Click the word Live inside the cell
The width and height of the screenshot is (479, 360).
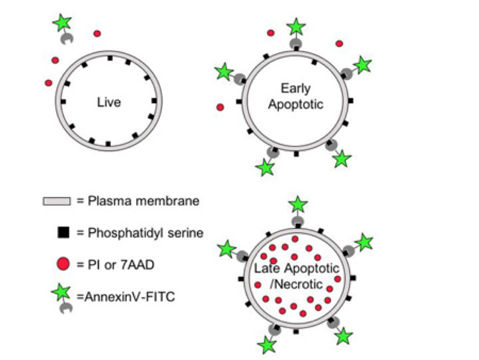click(x=109, y=102)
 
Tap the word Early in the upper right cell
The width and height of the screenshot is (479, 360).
click(x=296, y=88)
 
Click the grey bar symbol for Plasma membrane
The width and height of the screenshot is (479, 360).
click(x=56, y=202)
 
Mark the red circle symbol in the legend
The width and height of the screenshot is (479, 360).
click(x=63, y=264)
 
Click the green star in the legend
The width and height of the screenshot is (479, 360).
click(x=61, y=291)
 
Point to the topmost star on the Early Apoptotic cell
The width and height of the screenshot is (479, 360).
click(x=296, y=27)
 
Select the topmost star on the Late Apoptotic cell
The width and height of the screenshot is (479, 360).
click(x=298, y=204)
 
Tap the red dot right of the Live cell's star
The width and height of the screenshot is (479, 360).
click(x=97, y=33)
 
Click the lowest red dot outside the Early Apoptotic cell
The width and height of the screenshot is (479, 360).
click(x=220, y=107)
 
